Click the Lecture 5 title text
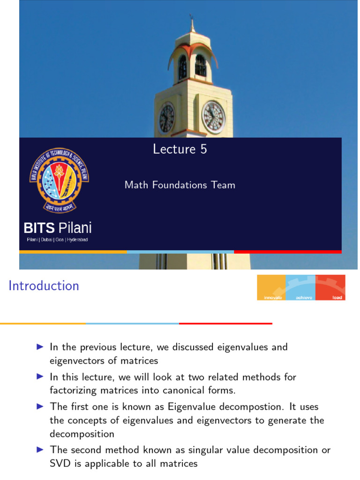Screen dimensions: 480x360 coord(180,149)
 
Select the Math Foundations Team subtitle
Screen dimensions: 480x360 coord(180,185)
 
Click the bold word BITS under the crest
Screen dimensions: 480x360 coord(39,229)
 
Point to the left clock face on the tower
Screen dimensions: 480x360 coord(166,118)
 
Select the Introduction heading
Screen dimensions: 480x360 coord(44,285)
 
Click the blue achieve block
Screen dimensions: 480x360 coord(300,287)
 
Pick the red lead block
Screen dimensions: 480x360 coord(331,287)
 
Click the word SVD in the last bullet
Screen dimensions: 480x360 coord(60,464)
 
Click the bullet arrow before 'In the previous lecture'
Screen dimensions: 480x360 coord(40,347)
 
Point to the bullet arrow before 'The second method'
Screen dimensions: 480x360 coord(40,450)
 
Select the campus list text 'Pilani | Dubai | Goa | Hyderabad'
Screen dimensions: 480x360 coord(57,240)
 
